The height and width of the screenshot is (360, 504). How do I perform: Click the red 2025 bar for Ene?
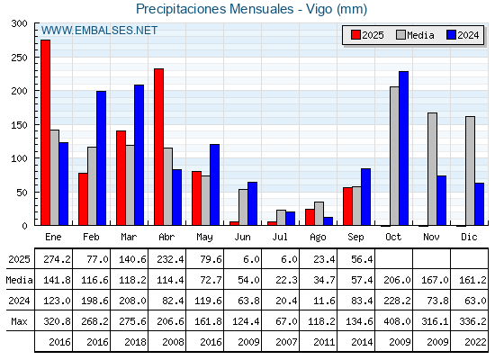tap(45, 132)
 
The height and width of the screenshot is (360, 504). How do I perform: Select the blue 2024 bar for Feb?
tap(101, 158)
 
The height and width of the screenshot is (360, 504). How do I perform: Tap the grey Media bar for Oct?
tap(394, 156)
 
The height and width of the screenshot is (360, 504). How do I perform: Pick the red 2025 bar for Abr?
tap(158, 147)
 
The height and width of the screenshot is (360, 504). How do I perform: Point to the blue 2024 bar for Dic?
tap(479, 204)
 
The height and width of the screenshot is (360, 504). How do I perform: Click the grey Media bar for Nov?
tap(432, 169)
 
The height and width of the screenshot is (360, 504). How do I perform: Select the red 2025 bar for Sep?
tap(347, 206)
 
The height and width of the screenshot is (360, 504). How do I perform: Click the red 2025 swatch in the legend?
tap(355, 35)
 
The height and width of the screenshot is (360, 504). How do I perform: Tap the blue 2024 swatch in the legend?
tap(451, 35)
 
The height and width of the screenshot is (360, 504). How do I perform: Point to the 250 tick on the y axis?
tap(19, 58)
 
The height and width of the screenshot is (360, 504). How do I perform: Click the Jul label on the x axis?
tap(280, 238)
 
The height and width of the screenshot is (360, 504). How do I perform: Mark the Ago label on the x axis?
tap(318, 238)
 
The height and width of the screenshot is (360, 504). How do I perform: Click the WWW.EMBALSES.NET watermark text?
tap(99, 31)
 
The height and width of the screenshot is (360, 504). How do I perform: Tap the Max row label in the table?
tap(19, 321)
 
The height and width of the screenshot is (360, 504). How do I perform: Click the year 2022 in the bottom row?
tap(475, 342)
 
